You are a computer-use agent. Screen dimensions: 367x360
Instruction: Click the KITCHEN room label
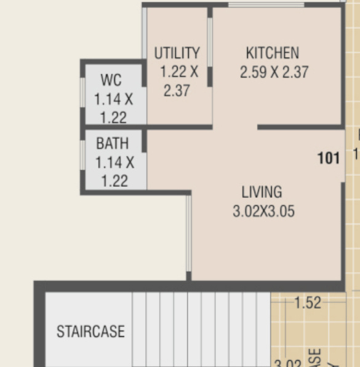272,53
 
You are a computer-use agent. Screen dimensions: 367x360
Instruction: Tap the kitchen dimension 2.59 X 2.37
274,73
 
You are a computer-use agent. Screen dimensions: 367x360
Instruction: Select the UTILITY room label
177,53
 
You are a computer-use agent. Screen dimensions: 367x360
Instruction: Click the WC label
111,81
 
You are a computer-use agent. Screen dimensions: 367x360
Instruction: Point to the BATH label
113,144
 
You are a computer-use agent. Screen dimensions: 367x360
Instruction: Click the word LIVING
262,192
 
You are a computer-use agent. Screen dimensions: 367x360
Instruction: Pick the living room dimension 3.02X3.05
263,212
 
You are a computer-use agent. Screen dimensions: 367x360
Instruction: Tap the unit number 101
329,159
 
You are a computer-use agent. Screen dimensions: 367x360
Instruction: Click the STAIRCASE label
90,332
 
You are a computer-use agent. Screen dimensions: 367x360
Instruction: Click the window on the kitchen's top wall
266,5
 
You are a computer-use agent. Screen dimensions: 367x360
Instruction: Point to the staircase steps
201,329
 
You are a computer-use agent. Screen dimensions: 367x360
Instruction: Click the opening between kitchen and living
235,128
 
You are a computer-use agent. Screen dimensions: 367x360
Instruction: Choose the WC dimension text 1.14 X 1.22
113,108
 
